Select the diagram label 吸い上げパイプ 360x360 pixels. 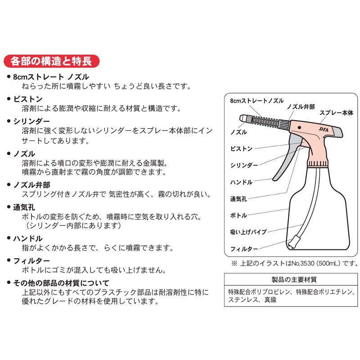[248, 232]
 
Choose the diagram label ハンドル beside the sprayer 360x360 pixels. [241, 182]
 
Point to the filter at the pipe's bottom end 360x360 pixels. [294, 242]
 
